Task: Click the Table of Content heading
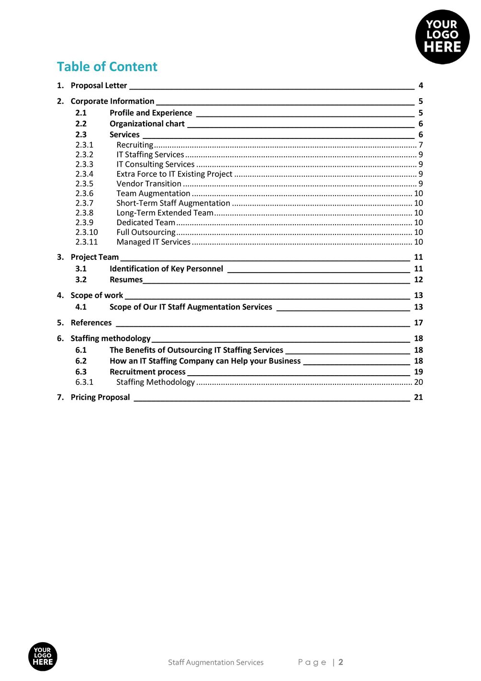tap(107, 67)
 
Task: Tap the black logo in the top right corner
tap(442, 37)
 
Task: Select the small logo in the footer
tap(43, 656)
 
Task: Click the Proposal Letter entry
tap(99, 85)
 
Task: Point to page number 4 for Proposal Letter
tap(421, 85)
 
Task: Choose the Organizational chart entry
tap(147, 124)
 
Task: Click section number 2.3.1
tap(84, 145)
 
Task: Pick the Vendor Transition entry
tap(149, 184)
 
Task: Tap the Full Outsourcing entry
tap(146, 232)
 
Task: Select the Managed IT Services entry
tap(153, 242)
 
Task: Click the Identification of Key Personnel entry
tap(166, 269)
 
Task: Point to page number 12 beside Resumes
tap(418, 279)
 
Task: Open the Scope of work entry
tap(97, 295)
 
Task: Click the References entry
tap(91, 323)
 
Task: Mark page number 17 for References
tap(418, 323)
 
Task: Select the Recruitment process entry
tap(147, 372)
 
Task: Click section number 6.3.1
tap(84, 382)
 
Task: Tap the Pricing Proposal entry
tap(100, 397)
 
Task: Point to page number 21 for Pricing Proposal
tap(418, 397)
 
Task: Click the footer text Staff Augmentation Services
tap(215, 662)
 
